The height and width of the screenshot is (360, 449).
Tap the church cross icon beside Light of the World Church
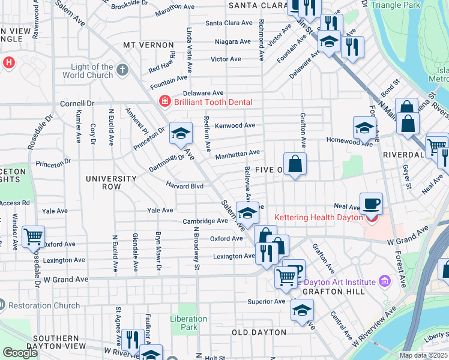(122, 70)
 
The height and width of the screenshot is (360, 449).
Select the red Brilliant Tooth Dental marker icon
(164, 102)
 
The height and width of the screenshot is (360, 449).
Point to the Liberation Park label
(184, 323)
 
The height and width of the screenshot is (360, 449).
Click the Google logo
(20, 353)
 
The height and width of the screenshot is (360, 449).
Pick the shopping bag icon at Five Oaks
(295, 163)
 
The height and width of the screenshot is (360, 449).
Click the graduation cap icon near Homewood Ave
(364, 127)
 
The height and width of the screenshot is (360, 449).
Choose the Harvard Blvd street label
(185, 187)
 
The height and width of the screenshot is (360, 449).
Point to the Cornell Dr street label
(77, 103)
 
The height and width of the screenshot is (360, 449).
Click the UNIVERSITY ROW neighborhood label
(111, 183)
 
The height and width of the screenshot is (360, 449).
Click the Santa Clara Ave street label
(229, 23)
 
